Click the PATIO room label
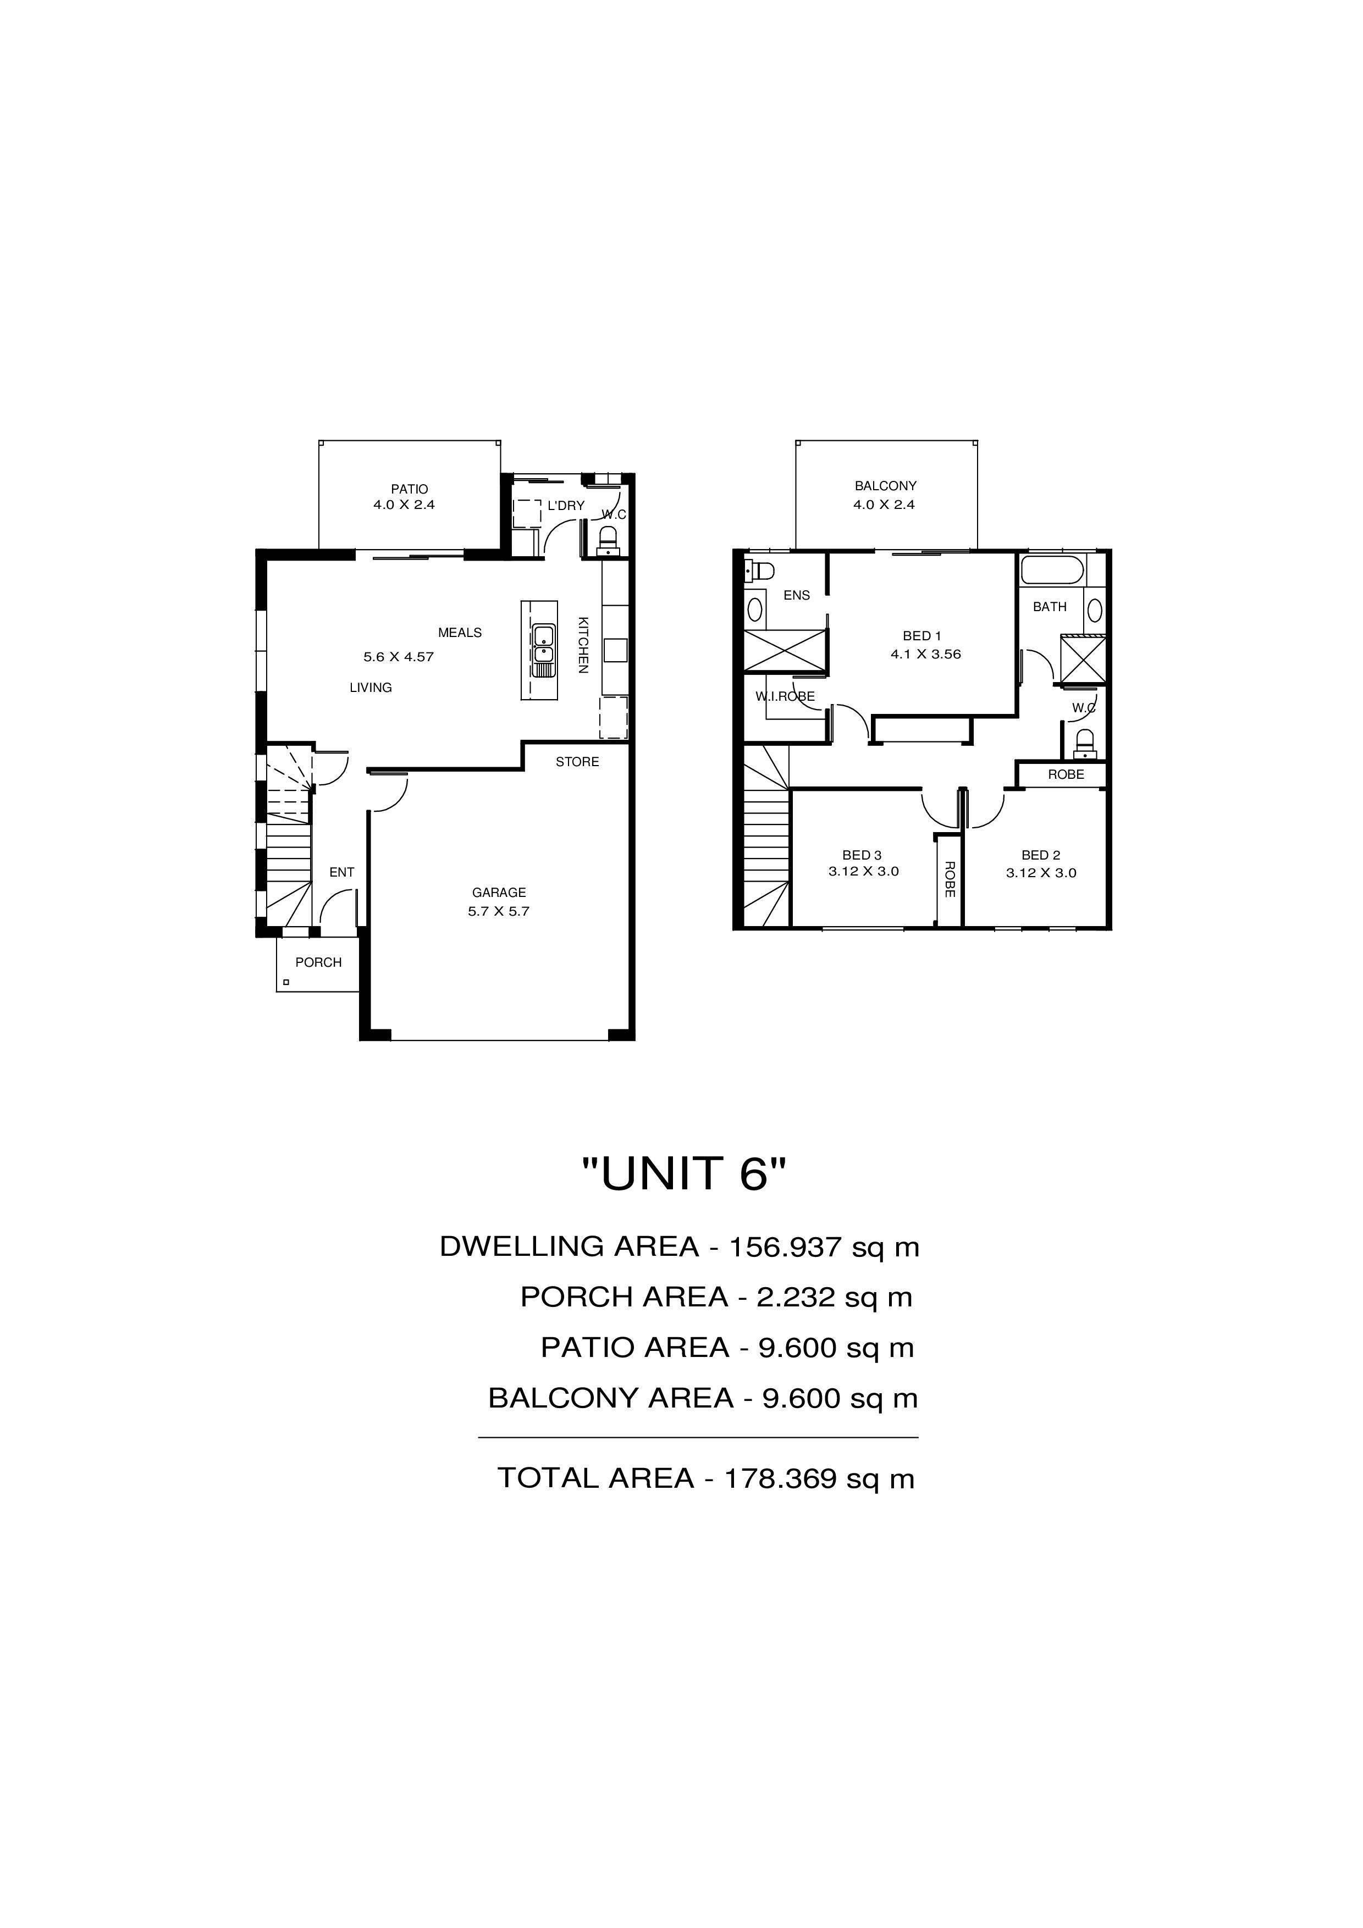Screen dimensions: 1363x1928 pyautogui.click(x=409, y=489)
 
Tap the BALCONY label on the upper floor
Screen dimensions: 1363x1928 pyautogui.click(x=885, y=485)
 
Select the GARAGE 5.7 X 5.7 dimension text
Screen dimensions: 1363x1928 pyautogui.click(x=499, y=911)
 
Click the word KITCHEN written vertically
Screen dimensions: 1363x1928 pyautogui.click(x=583, y=645)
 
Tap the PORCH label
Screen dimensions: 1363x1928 pyautogui.click(x=318, y=962)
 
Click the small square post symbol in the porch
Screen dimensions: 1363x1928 pyautogui.click(x=286, y=982)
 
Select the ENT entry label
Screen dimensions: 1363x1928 pyautogui.click(x=342, y=872)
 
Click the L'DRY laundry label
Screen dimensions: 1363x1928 pyautogui.click(x=566, y=506)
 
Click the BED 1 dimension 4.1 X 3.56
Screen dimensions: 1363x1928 pyautogui.click(x=925, y=654)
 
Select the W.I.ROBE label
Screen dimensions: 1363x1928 pyautogui.click(x=785, y=696)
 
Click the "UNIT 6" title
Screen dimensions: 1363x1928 pyautogui.click(x=685, y=1173)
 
